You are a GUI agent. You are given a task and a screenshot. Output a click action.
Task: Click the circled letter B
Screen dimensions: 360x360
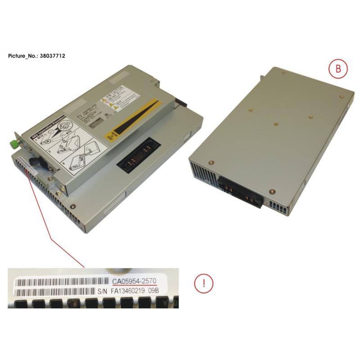click(x=335, y=69)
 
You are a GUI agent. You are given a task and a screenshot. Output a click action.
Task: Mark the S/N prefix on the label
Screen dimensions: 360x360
click(x=102, y=292)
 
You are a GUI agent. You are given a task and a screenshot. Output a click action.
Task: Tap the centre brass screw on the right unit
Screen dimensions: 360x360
click(x=274, y=123)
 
